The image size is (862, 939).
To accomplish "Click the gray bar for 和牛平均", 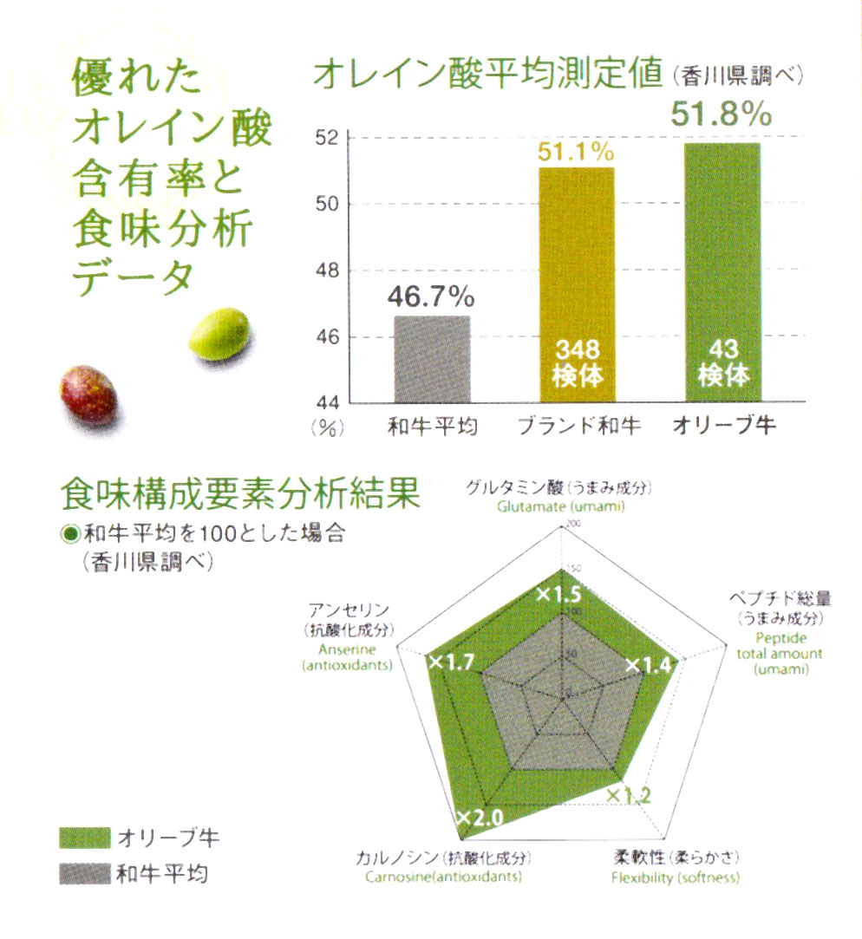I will click(432, 359).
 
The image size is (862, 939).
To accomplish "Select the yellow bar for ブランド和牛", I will click(578, 260).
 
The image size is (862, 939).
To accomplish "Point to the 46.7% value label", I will click(431, 297).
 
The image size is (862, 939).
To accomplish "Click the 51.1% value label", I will click(577, 153).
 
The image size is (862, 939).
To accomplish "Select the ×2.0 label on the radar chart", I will click(479, 818).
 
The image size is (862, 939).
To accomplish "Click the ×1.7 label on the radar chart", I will click(451, 663).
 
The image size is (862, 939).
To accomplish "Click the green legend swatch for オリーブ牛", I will click(85, 838).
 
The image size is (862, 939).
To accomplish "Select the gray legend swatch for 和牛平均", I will click(85, 874).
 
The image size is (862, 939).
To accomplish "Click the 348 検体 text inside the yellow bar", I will click(577, 363).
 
